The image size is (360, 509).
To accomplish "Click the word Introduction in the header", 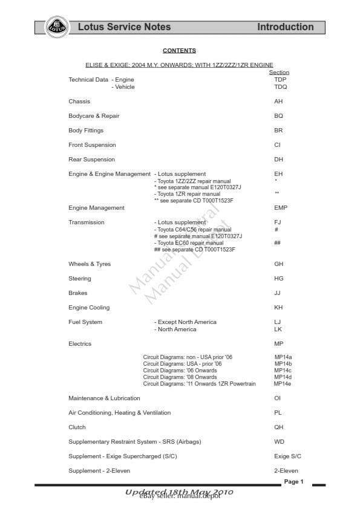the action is pos(285,27).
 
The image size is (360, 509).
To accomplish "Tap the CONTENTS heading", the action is pos(179,51).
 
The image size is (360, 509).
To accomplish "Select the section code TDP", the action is pos(280,80).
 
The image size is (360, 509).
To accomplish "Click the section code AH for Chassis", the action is pos(278,102).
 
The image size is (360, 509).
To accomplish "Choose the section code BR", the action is pos(278,131).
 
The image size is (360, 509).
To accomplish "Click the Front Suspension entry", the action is pos(92,145).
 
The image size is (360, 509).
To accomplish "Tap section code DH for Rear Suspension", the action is pos(278,160).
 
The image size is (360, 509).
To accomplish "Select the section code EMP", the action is pos(281,208).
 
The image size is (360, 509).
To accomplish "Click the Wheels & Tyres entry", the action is pos(90,264).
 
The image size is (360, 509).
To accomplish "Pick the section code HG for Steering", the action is pos(278,279).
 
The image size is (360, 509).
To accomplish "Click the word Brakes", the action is pos(78,293).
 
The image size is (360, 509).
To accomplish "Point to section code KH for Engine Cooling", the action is pos(278,308).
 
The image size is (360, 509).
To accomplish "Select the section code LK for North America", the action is pos(278,329).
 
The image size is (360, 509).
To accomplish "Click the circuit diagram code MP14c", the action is pos(283,371).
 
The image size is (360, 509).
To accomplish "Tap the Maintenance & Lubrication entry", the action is pos(104,398).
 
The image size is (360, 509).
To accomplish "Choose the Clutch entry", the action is pos(77,427).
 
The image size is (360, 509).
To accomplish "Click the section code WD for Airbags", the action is pos(279,442).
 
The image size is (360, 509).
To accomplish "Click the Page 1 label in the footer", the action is pos(293,482).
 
